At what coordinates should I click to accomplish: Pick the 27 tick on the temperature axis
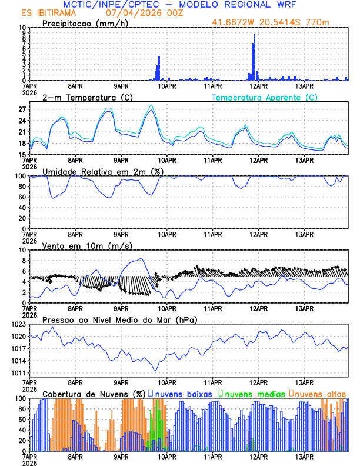point(21,109)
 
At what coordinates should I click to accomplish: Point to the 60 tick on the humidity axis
point(21,197)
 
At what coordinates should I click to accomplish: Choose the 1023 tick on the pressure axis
point(18,324)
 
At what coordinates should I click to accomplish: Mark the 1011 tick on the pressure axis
point(18,373)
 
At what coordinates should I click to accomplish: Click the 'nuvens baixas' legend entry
point(183,393)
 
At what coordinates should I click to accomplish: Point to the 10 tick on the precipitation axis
point(21,28)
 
